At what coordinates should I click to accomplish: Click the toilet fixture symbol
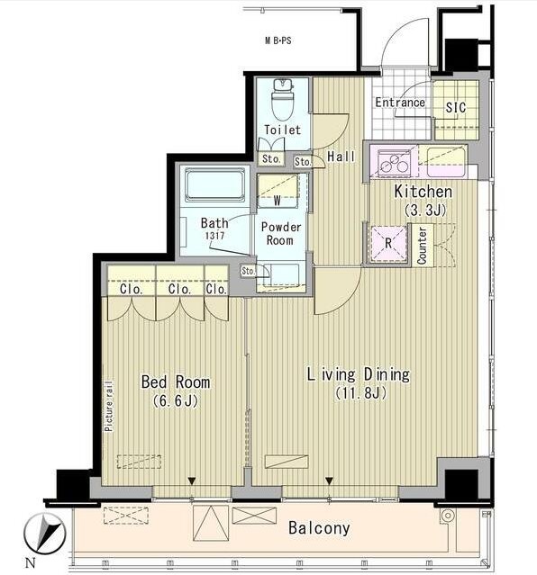click(x=283, y=99)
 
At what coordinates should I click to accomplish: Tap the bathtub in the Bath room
click(x=214, y=184)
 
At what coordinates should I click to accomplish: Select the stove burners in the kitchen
click(x=395, y=162)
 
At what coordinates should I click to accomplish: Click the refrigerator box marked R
click(x=388, y=243)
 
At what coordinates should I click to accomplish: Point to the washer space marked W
click(x=278, y=191)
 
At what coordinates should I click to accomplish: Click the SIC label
click(x=455, y=107)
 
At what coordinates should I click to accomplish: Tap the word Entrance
click(x=400, y=103)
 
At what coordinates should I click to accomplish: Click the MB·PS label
click(x=278, y=40)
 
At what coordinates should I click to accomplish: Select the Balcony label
click(x=319, y=527)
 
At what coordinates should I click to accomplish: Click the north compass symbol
click(x=44, y=533)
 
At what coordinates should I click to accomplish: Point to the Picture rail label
click(x=109, y=407)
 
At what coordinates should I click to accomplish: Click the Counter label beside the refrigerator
click(x=422, y=246)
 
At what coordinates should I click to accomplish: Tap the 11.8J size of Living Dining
click(x=360, y=393)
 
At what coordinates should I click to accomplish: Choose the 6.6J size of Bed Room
click(x=176, y=400)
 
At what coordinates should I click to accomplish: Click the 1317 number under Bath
click(x=214, y=236)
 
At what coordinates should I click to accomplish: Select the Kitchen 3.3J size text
click(x=424, y=211)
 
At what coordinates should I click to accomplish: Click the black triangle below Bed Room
click(x=191, y=481)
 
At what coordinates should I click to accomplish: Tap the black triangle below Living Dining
click(x=329, y=481)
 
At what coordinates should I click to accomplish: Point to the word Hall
click(x=341, y=157)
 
